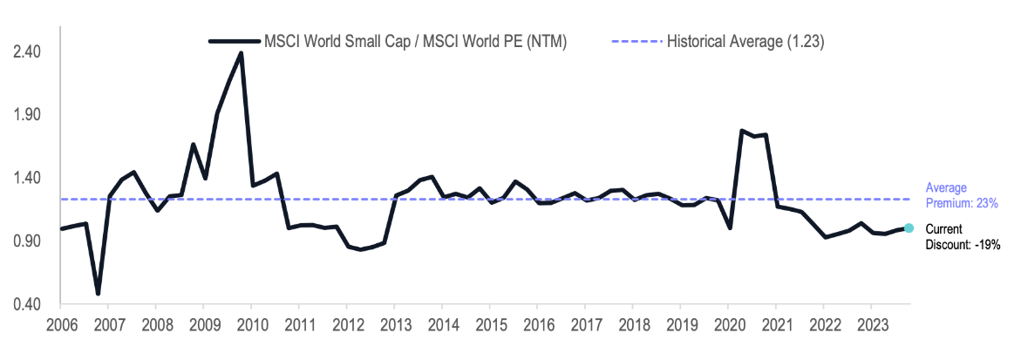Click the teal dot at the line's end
pos(909,228)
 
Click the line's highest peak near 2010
pos(241,53)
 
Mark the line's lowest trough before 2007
pos(98,293)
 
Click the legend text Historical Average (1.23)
pos(745,41)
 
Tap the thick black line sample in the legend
pos(235,41)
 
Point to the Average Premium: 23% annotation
pos(962,195)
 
